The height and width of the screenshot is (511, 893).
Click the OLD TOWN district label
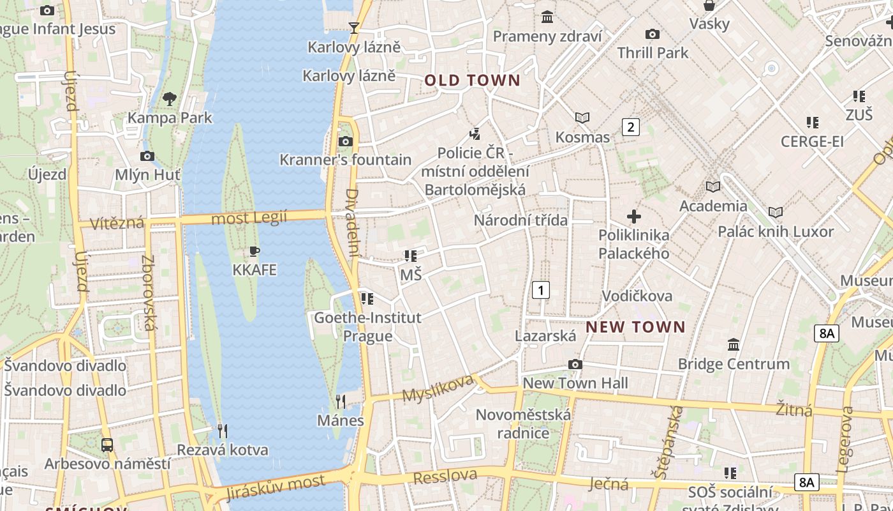pos(473,80)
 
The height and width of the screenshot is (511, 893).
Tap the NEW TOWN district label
pos(635,327)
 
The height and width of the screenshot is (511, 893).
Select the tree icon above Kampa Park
pos(169,98)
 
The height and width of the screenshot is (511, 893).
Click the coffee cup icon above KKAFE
pos(255,251)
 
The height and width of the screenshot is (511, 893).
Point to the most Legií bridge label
pos(249,218)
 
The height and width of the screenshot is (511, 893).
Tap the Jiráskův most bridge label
pos(275,487)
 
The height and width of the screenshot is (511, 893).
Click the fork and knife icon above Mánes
pos(341,401)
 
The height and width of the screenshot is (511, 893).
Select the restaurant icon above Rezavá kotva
pos(222,431)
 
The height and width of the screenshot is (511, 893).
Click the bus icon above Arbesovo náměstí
pos(107,445)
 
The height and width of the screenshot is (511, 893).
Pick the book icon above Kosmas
pos(582,118)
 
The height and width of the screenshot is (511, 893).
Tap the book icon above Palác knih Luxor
pos(776,212)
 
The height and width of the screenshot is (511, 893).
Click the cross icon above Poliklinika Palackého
pos(633,216)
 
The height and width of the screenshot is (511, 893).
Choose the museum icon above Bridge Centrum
pos(734,344)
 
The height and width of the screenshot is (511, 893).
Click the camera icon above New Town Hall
pos(575,364)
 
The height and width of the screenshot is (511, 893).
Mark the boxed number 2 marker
pos(631,126)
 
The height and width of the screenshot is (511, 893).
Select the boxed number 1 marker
pos(541,290)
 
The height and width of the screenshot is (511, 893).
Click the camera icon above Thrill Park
pos(652,34)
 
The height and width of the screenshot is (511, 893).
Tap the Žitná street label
pos(794,409)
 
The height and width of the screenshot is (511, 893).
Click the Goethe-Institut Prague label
pos(367,326)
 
